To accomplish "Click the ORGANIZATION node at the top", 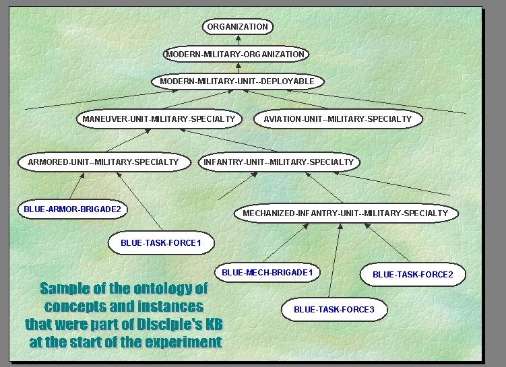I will pyautogui.click(x=237, y=27).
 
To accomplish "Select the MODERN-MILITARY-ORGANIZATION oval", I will pyautogui.click(x=236, y=54).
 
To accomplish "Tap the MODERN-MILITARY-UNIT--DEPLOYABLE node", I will pyautogui.click(x=237, y=81).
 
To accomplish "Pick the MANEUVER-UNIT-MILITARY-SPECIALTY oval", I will pyautogui.click(x=158, y=119).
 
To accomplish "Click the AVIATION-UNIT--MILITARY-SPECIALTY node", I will pyautogui.click(x=338, y=119).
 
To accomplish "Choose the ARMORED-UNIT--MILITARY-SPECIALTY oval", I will pyautogui.click(x=98, y=162).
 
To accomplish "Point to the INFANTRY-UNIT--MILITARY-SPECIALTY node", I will pyautogui.click(x=278, y=162).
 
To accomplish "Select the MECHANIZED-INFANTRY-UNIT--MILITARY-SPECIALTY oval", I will pyautogui.click(x=346, y=213).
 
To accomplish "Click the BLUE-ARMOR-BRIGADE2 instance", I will pyautogui.click(x=72, y=209).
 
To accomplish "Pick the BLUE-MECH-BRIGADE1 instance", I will pyautogui.click(x=267, y=273).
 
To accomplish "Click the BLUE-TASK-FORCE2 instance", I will pyautogui.click(x=412, y=274).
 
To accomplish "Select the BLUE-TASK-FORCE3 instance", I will pyautogui.click(x=334, y=310).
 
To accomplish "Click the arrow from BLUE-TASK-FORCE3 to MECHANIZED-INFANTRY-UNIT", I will pyautogui.click(x=334, y=263).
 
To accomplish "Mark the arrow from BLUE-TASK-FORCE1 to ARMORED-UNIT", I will pyautogui.click(x=140, y=202).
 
